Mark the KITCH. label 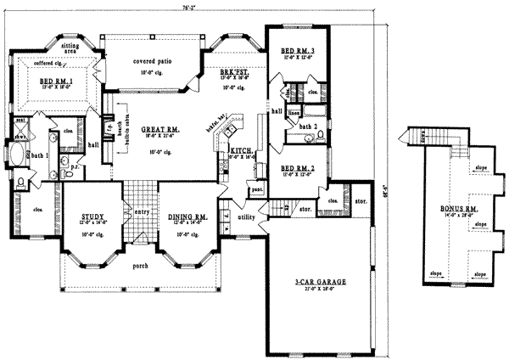[x=242, y=150]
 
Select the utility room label [x=248, y=219]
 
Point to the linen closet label [x=294, y=111]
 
